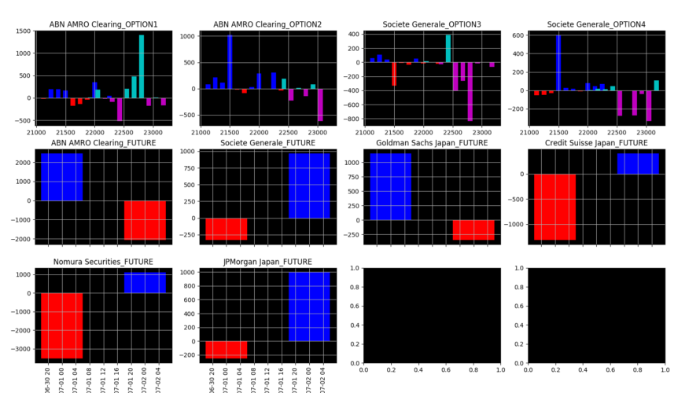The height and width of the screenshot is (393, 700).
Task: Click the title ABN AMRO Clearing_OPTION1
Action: point(104,24)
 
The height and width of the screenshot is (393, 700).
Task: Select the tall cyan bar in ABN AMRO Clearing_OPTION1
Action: point(142,67)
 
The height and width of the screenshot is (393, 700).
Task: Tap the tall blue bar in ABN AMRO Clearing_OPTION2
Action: point(230,63)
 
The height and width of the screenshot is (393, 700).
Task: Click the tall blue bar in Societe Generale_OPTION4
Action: point(558,63)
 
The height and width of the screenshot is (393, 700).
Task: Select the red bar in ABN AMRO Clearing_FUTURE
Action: point(145,220)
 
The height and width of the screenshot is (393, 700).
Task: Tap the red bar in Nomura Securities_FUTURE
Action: point(61,325)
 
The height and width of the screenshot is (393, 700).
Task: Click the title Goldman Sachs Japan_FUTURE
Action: point(432,143)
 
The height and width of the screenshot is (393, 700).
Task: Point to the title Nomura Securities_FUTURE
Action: point(103,262)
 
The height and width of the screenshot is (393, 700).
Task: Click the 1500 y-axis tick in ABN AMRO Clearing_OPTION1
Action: point(23,31)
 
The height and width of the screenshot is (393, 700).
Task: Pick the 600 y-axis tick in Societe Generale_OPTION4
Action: point(517,35)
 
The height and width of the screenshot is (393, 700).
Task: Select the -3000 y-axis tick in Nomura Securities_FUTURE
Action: point(20,349)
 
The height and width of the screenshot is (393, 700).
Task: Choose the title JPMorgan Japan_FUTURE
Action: point(267,262)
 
